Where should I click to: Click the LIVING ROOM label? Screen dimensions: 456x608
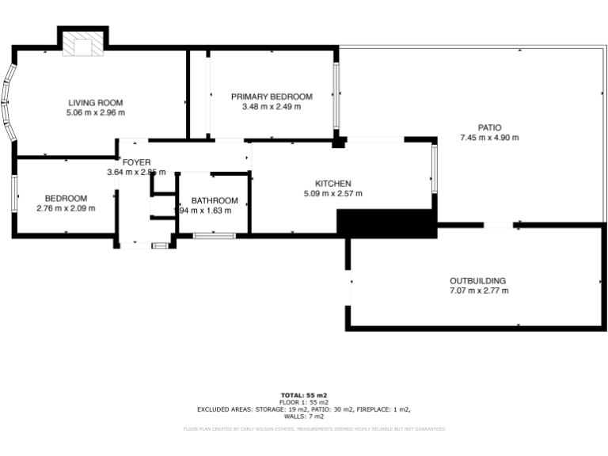tap(96, 102)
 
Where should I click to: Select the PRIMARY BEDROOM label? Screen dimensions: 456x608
tap(272, 97)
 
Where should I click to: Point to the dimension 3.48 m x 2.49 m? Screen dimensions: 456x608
tap(272, 107)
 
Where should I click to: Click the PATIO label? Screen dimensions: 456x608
tap(489, 127)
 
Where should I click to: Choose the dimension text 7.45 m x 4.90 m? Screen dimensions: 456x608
tap(489, 138)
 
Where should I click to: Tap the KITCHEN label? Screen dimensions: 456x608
tap(333, 183)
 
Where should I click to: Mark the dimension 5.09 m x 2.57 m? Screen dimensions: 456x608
tap(333, 193)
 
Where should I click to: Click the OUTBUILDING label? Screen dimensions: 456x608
tap(478, 280)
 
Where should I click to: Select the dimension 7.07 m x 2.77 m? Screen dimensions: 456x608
tap(478, 291)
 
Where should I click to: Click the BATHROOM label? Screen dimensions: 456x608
tap(215, 200)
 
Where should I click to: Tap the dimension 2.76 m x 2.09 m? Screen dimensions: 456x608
tap(66, 208)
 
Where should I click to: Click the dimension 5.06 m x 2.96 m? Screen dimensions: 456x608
tap(96, 112)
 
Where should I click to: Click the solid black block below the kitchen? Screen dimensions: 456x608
tap(386, 223)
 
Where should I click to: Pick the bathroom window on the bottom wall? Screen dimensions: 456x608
tap(215, 234)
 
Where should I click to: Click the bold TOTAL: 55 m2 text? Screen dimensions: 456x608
tap(304, 394)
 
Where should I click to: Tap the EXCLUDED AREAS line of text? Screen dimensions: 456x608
tap(304, 409)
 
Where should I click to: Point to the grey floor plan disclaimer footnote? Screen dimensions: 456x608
tap(314, 429)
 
